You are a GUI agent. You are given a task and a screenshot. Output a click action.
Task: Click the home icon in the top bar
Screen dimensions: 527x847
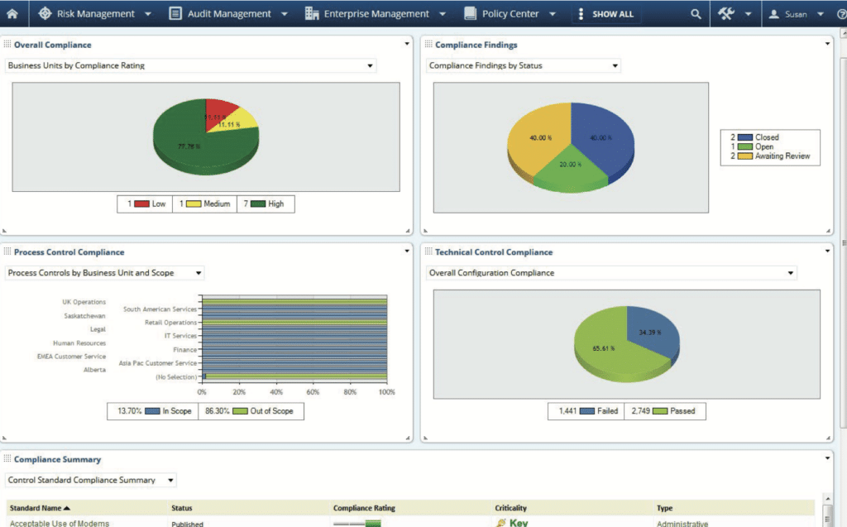[x=12, y=13]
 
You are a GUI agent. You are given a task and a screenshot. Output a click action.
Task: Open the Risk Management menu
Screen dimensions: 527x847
[x=94, y=13]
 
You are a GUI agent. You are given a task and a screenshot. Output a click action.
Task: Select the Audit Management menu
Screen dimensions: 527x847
[x=227, y=13]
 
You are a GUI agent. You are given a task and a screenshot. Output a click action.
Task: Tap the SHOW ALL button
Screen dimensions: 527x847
[x=612, y=14]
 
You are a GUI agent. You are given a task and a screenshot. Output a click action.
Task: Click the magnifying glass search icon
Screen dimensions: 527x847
[x=696, y=14]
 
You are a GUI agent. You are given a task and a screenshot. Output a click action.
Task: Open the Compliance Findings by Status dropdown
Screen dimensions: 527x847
[x=523, y=65]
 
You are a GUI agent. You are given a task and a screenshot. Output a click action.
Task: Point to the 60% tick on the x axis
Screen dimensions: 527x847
[x=313, y=392]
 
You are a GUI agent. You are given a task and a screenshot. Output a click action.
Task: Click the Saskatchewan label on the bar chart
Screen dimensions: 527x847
[x=84, y=315]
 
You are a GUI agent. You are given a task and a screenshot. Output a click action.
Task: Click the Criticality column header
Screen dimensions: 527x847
[x=510, y=508]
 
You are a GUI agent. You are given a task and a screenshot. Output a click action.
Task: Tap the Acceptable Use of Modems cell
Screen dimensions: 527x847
[x=60, y=523]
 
